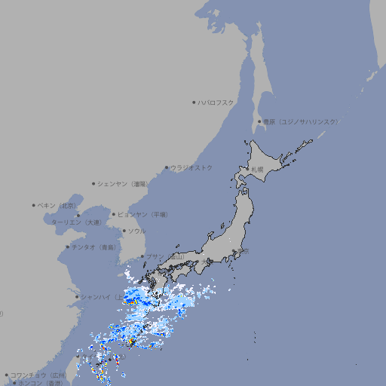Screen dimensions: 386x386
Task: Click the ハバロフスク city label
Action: pyautogui.click(x=216, y=102)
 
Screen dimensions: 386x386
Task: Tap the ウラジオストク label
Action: pyautogui.click(x=191, y=167)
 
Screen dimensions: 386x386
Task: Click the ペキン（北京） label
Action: pyautogui.click(x=57, y=205)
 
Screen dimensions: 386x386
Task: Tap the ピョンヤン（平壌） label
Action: pyautogui.click(x=142, y=214)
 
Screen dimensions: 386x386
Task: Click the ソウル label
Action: pyautogui.click(x=136, y=231)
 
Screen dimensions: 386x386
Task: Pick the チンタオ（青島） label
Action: pyautogui.click(x=93, y=247)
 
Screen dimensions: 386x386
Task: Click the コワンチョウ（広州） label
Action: pyautogui.click(x=38, y=375)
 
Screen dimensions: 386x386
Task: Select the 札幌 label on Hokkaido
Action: pyautogui.click(x=258, y=170)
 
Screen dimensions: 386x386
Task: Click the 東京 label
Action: pyautogui.click(x=242, y=252)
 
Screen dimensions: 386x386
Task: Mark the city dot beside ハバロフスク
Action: pyautogui.click(x=194, y=102)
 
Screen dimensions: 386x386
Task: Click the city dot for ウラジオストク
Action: pyautogui.click(x=167, y=167)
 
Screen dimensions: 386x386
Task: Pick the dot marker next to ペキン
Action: pyautogui.click(x=34, y=205)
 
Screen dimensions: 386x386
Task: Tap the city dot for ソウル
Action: pyautogui.click(x=123, y=231)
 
